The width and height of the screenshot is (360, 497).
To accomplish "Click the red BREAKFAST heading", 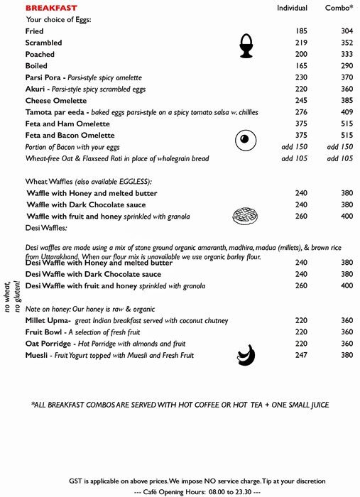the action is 51,8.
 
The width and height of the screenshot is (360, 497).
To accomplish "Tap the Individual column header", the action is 292,8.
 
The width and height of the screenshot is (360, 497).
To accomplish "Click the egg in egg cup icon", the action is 246,45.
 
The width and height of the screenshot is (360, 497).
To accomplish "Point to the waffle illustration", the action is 246,216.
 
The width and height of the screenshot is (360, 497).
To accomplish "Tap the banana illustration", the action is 246,352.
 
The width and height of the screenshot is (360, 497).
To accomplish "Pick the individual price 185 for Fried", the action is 302,31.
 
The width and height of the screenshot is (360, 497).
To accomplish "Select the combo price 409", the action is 347,112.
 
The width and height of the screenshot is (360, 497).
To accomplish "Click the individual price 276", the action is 302,112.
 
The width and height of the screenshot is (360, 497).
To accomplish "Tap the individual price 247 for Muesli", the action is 302,355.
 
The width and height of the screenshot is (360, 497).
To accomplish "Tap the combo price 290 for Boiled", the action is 347,66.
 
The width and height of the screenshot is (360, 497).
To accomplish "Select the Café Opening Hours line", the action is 197,491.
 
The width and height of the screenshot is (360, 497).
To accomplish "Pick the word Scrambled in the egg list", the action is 44,43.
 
